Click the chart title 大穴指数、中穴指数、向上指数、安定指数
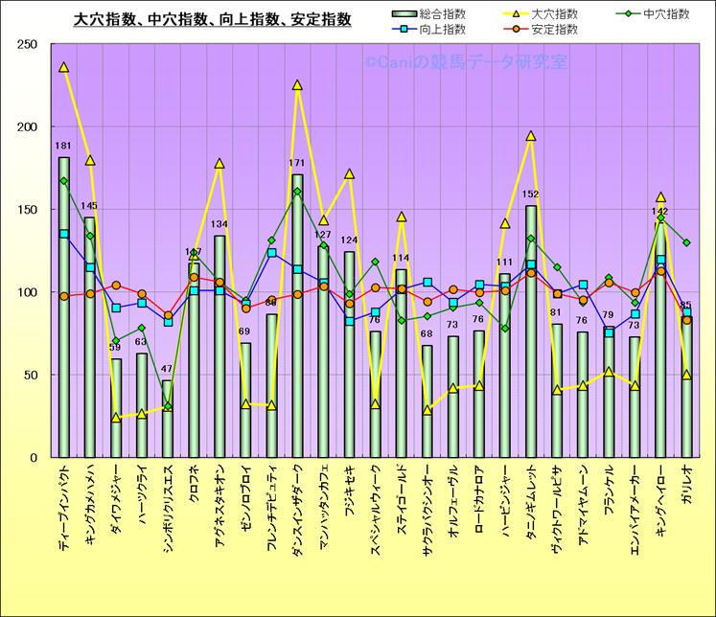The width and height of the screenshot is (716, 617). pos(212,18)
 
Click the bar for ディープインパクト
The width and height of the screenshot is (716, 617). pos(64,307)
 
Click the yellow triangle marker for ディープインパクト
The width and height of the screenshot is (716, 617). pos(64,68)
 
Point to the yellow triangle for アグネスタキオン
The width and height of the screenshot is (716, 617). pos(219,164)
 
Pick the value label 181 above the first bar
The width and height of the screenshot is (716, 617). pos(64,147)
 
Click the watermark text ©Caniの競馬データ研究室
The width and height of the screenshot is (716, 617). pos(465,62)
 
